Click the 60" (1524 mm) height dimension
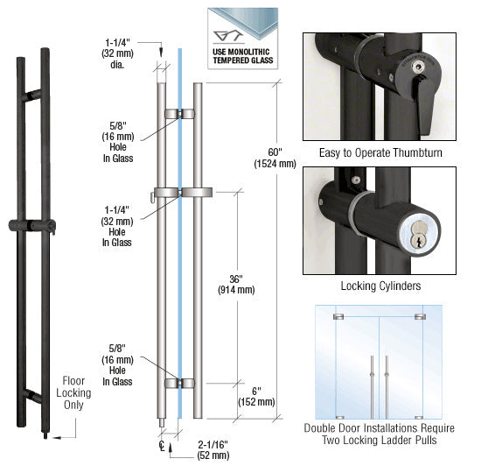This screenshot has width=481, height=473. coord(275,158)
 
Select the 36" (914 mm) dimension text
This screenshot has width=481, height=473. coord(236,285)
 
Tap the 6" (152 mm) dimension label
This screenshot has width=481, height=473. coord(256,397)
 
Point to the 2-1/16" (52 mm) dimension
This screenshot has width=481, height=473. coord(213,449)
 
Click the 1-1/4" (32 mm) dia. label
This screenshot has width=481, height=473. coord(117,53)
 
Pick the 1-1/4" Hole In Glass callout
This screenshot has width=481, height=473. coord(117,226)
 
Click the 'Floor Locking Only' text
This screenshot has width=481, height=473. coord(73,392)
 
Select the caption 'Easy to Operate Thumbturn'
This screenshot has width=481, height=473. coord(380,152)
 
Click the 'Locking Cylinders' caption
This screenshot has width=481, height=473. coord(380,286)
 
